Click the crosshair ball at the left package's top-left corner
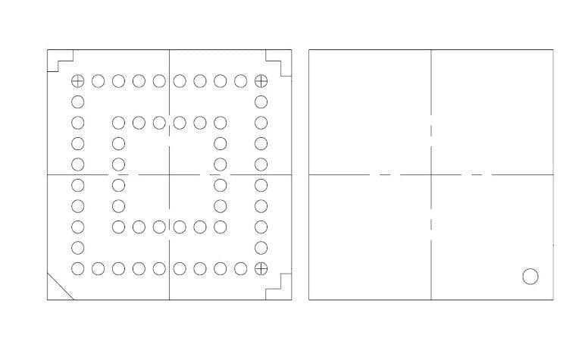pos(77,81)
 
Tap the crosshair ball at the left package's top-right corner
pos(261,81)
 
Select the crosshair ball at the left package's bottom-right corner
pos(261,268)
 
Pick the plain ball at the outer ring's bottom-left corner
pos(77,268)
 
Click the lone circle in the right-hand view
pos(530,277)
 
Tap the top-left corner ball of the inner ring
pos(118,123)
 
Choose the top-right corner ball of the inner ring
pos(221,123)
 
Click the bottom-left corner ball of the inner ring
pos(118,226)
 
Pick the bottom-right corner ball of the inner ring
pos(221,226)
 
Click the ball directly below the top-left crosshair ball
pos(77,102)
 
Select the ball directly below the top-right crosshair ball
pos(261,102)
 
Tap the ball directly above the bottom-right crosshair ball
pos(261,247)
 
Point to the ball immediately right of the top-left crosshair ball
pos(98,81)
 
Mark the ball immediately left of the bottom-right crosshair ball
pos(241,268)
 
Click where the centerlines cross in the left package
pos(169,174)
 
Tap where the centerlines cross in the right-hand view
pos(431,174)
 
